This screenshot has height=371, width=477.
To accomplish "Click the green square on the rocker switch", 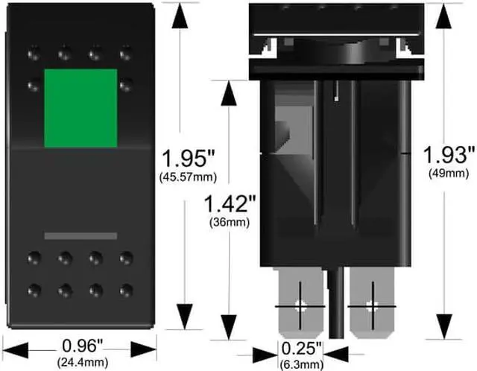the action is tap(80, 108).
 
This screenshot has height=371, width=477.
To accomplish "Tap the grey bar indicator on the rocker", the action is tap(80, 236).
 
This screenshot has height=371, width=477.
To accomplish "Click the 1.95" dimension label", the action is tap(189, 159).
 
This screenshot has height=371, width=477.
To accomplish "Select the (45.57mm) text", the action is tap(188, 177).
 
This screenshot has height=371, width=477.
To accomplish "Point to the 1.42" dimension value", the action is tap(230, 203).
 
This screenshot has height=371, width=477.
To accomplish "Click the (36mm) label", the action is tap(230, 222).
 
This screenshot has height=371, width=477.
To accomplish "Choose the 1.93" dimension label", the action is tap(449, 154).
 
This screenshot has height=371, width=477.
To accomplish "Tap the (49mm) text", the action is tap(449, 174).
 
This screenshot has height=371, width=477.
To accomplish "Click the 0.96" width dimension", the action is tap(83, 346).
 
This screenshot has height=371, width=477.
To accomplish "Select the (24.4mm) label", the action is tap(83, 362).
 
